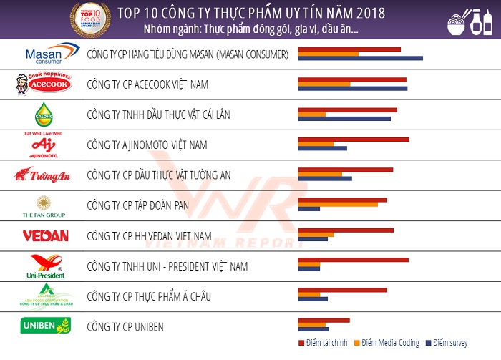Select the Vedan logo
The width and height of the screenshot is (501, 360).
(44, 235)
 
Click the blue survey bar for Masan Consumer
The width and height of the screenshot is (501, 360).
(360, 59)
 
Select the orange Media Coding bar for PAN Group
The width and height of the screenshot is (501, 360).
(337, 204)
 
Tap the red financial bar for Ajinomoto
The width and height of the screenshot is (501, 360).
(353, 140)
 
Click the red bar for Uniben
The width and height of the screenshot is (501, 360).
(324, 320)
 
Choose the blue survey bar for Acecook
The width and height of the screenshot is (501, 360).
(352, 89)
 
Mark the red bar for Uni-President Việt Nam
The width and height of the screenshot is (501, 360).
(353, 260)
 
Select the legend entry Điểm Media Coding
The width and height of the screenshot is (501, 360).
(386, 343)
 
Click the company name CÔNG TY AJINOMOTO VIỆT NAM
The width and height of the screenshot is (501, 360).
(146, 145)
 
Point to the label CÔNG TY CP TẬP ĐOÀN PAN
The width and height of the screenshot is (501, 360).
(137, 205)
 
